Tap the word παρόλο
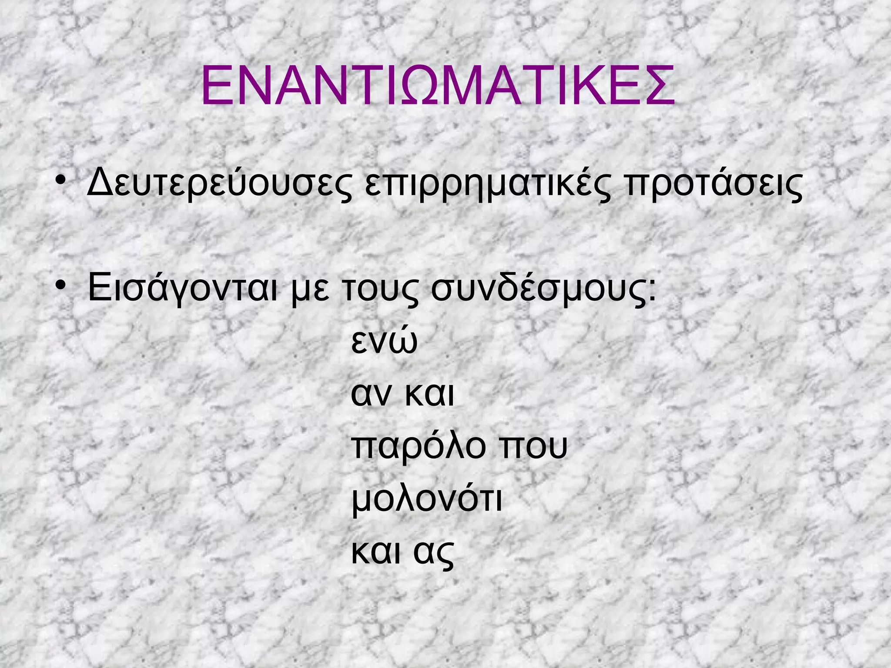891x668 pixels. (418, 447)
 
